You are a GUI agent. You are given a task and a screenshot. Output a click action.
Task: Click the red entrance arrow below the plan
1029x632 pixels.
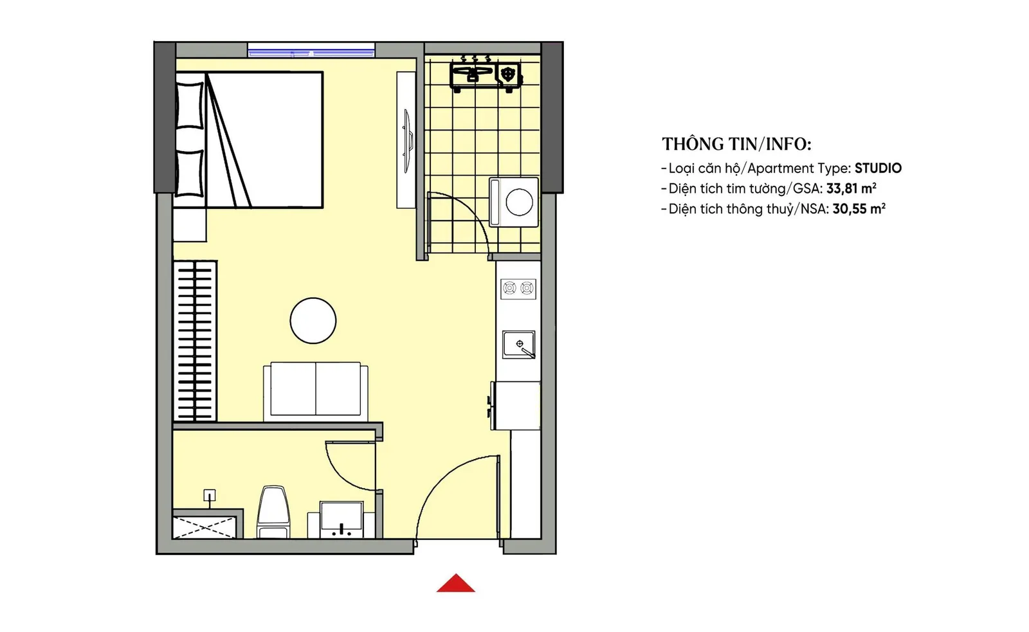pyautogui.click(x=455, y=583)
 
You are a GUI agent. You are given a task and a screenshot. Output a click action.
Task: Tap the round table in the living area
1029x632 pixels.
pyautogui.click(x=313, y=321)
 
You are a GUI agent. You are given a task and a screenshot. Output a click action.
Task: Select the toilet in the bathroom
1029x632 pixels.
pyautogui.click(x=273, y=512)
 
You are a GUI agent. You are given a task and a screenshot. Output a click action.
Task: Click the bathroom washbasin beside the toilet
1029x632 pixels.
pyautogui.click(x=341, y=519)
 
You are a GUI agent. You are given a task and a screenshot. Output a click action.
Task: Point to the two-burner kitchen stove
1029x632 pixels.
pyautogui.click(x=518, y=289)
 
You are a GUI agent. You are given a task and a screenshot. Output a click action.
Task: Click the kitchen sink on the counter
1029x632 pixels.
pyautogui.click(x=518, y=344)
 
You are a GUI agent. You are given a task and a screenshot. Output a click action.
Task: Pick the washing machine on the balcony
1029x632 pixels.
pyautogui.click(x=514, y=202)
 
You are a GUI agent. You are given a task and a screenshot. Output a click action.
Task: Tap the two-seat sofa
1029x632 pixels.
pyautogui.click(x=316, y=392)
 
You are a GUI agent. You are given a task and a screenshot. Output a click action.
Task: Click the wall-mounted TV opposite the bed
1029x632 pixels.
pyautogui.click(x=407, y=141)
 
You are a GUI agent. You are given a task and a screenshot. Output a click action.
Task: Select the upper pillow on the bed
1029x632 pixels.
pyautogui.click(x=189, y=105)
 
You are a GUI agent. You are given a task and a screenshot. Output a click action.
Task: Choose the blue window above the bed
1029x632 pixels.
pyautogui.click(x=311, y=50)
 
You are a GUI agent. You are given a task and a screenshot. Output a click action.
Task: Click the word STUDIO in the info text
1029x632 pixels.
pyautogui.click(x=878, y=168)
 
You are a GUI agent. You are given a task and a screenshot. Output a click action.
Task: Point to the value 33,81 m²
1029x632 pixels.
pyautogui.click(x=851, y=188)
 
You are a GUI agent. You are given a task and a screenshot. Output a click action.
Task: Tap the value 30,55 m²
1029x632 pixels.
pyautogui.click(x=859, y=209)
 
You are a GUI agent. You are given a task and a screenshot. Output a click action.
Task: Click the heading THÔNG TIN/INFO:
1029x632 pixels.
pyautogui.click(x=736, y=144)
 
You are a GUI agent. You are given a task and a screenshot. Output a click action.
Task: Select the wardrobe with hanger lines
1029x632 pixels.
pyautogui.click(x=195, y=341)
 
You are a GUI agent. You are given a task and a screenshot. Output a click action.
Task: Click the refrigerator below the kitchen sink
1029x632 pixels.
pyautogui.click(x=515, y=406)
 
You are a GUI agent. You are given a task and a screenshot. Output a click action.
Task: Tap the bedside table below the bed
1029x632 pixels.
pyautogui.click(x=190, y=224)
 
